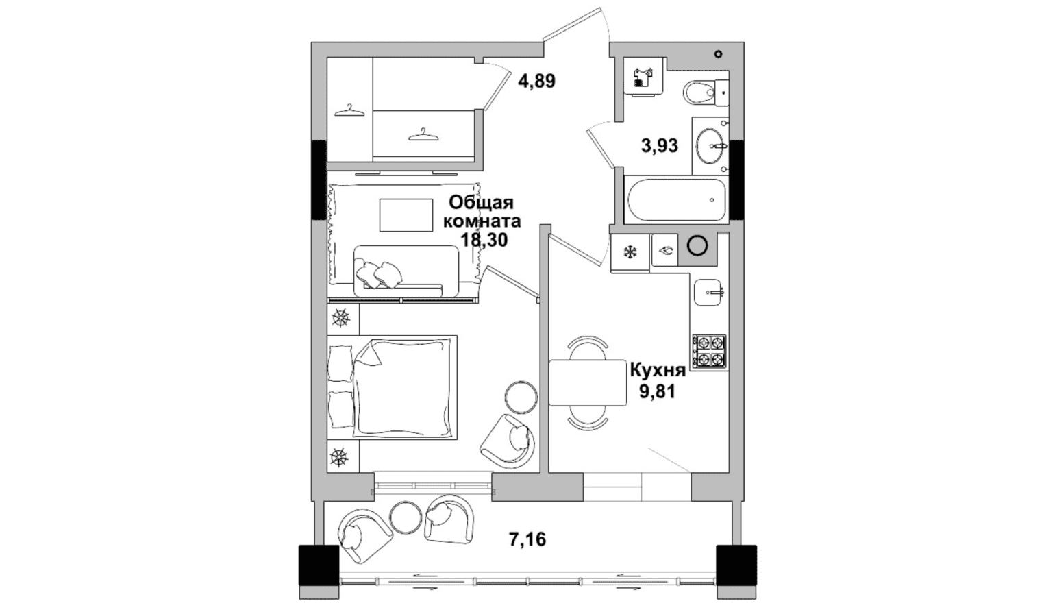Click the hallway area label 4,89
point(536,82)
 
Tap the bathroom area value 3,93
point(659,145)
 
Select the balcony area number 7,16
point(527,539)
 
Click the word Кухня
point(658,371)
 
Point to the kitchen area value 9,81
point(658,391)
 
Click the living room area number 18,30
point(484,241)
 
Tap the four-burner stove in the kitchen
point(709,352)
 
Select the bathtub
point(676,199)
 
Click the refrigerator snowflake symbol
point(630,253)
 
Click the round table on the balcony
point(406,517)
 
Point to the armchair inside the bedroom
point(508,441)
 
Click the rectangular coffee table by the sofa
point(406,215)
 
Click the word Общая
point(482,203)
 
